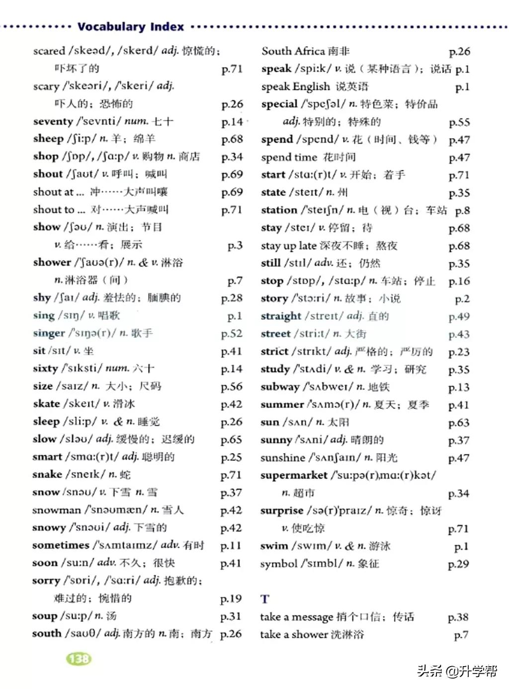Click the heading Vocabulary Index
[x=131, y=27]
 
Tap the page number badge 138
[x=79, y=659]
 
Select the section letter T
[x=265, y=599]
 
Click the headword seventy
[x=53, y=121]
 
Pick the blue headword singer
[x=49, y=333]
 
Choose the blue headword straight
[x=281, y=316]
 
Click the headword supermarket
[x=294, y=475]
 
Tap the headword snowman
[x=56, y=510]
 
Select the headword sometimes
[x=61, y=545]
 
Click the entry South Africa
[x=293, y=51]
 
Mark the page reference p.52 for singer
[x=232, y=334]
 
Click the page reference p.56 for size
[x=232, y=386]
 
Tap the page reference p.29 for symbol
[x=458, y=564]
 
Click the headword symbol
[x=278, y=564]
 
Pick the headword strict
[x=274, y=352]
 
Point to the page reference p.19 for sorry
[x=231, y=599]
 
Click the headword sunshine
[x=282, y=458]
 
